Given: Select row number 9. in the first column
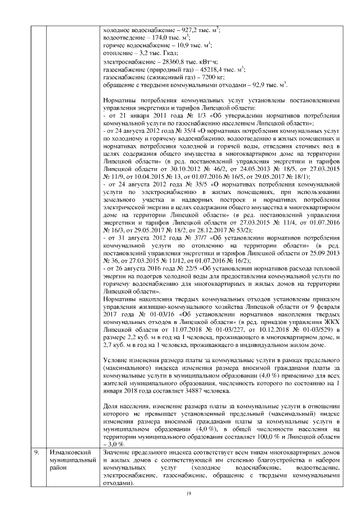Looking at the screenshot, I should coord(35,452).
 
